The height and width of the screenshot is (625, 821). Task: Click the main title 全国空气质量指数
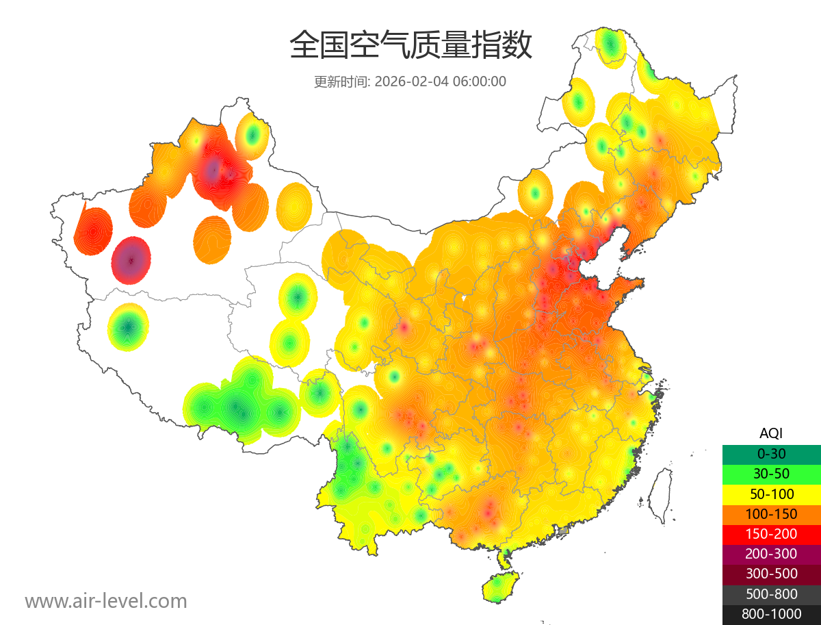click(x=410, y=47)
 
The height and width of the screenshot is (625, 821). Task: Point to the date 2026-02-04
click(x=411, y=81)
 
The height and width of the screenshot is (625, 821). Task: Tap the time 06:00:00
click(x=480, y=81)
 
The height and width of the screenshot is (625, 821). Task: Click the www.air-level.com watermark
click(x=106, y=601)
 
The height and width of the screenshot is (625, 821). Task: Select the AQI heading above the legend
click(x=771, y=433)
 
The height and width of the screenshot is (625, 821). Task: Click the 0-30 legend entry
click(x=771, y=454)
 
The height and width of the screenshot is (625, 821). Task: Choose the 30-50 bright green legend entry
click(x=771, y=474)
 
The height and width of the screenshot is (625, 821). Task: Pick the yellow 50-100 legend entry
click(x=771, y=494)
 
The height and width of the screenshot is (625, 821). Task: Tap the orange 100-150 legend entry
click(x=771, y=514)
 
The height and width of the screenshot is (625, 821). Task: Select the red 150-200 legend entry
click(x=771, y=534)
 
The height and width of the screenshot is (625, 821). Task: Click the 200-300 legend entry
click(x=771, y=554)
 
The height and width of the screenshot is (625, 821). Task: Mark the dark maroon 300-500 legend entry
click(x=771, y=574)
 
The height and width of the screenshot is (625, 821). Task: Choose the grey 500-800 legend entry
click(x=771, y=594)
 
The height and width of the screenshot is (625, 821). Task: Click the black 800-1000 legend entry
click(x=771, y=614)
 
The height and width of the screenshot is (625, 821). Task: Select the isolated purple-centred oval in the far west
click(x=131, y=260)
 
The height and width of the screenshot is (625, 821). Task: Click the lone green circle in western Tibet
click(x=128, y=328)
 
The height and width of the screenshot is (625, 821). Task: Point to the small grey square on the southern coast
click(x=563, y=531)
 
